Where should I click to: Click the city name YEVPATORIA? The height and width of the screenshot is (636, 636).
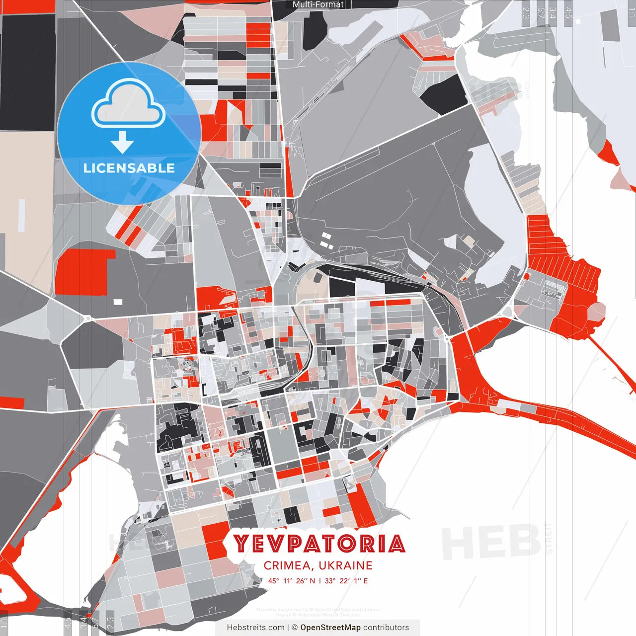319,544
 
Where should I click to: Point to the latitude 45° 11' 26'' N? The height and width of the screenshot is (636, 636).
292,580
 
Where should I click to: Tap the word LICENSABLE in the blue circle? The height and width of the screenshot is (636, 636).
129,168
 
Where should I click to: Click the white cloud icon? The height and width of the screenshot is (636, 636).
129,104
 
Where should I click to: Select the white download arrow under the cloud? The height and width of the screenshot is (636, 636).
122,142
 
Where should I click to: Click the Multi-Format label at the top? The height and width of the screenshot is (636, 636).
318,4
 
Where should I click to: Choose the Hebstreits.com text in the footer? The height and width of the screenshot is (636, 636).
255,628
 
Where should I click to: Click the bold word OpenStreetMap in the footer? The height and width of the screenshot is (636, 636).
330,628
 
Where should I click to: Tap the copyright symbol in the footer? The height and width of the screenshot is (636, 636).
294,628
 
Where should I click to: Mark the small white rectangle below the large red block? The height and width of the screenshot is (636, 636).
118,302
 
